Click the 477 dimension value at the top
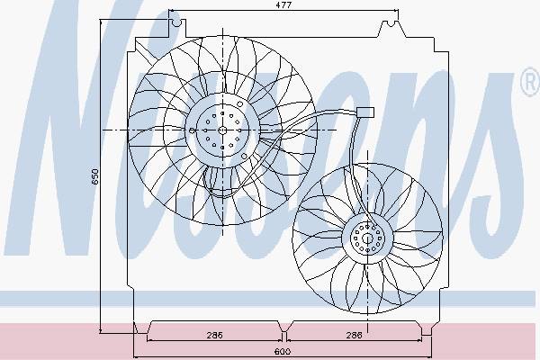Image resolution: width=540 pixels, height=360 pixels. (283, 4)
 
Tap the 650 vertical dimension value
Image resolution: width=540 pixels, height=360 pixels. (95, 176)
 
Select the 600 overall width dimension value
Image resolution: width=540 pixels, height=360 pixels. (283, 351)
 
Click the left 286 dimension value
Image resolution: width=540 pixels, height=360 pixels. (214, 335)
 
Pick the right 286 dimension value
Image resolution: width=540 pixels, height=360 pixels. (354, 335)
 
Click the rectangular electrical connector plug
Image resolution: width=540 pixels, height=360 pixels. (365, 112)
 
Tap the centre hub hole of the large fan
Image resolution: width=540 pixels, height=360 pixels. (222, 130)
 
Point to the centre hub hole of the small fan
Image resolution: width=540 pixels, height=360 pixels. (367, 238)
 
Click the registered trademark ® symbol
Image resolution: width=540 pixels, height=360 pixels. (531, 82)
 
